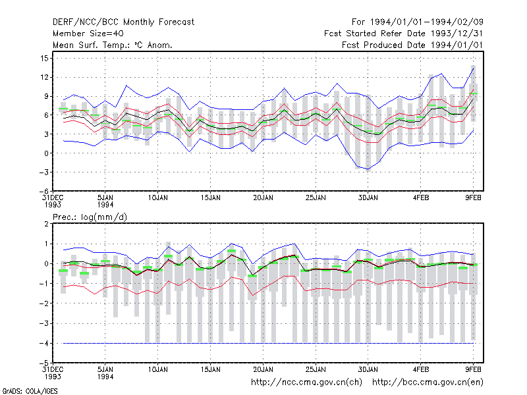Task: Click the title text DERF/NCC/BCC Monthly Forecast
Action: (x=123, y=22)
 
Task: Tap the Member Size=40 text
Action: (x=88, y=34)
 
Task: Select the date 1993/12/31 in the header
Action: (x=457, y=34)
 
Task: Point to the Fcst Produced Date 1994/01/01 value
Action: (x=412, y=45)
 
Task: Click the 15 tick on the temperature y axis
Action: (x=44, y=59)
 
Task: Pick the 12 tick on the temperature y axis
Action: (x=44, y=77)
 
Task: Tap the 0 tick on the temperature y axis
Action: (x=46, y=153)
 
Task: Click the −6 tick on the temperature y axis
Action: (x=43, y=191)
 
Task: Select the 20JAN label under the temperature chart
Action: (x=263, y=198)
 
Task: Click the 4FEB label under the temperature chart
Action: (x=420, y=198)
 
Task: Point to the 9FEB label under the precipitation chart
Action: (x=473, y=369)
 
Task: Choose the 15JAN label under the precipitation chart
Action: (x=210, y=369)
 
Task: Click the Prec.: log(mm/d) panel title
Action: (x=90, y=217)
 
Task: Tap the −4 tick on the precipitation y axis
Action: (x=43, y=343)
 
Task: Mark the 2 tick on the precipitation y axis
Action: (x=46, y=224)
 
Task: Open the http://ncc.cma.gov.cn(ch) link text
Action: (x=306, y=382)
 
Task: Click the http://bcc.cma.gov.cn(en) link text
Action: (x=428, y=382)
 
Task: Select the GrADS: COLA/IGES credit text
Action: (x=30, y=391)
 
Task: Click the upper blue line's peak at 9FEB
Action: (x=473, y=68)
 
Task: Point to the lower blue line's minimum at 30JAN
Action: (x=368, y=169)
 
